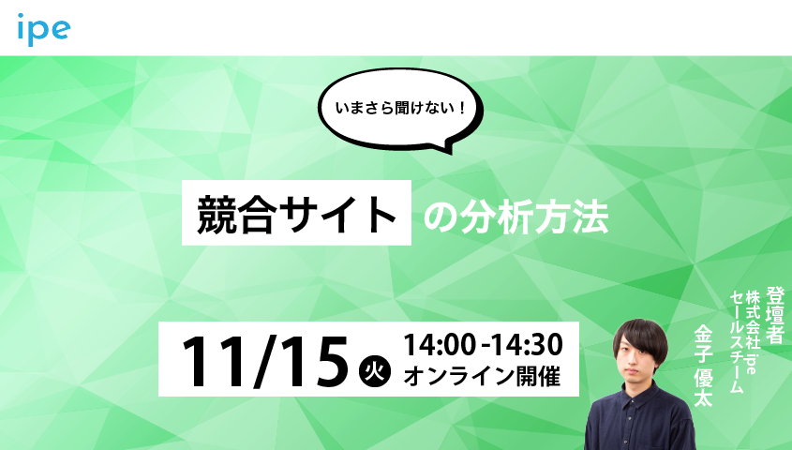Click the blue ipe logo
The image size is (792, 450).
pos(44,30)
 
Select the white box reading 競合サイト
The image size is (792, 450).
pos(296,214)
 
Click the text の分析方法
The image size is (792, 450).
pos(516,217)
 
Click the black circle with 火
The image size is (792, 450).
pos(373,368)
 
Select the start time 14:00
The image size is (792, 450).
pos(437,343)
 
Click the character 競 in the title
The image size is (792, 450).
pos(217,215)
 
